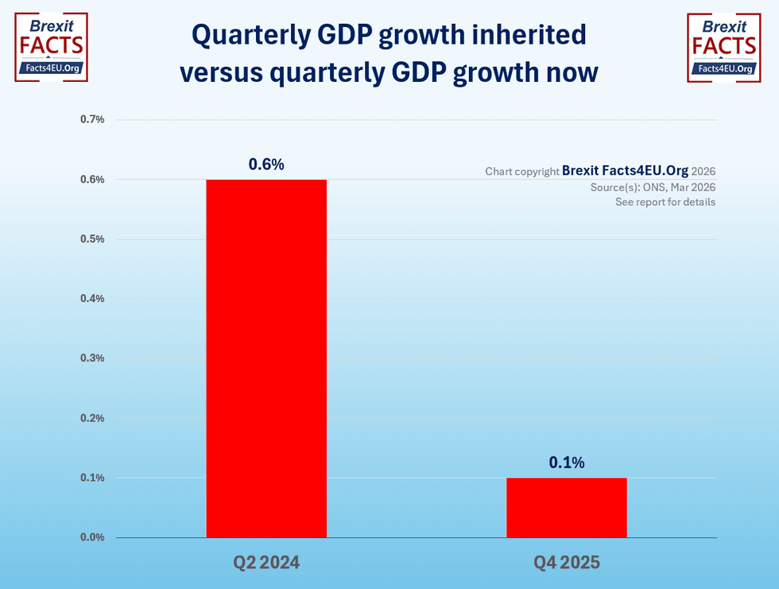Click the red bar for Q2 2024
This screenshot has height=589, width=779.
(266, 358)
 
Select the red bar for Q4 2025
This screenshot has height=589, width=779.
(567, 507)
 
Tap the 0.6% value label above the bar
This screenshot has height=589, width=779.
(266, 165)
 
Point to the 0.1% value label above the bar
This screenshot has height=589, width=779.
(567, 463)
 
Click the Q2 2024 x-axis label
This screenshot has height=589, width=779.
(266, 563)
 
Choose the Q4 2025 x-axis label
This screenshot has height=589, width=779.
(567, 563)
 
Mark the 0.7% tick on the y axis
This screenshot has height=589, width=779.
(92, 119)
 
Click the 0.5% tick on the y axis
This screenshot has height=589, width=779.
(92, 239)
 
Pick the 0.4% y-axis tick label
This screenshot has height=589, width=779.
(92, 299)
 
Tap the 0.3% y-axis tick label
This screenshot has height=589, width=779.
(92, 358)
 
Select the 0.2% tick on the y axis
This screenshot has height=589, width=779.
(92, 418)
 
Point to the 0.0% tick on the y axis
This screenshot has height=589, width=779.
(92, 537)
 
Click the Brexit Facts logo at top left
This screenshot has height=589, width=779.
(52, 47)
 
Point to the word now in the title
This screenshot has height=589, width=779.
(569, 72)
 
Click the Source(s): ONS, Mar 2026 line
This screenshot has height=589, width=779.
(653, 188)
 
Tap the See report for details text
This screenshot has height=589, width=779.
(665, 202)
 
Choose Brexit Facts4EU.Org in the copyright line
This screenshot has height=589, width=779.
(625, 170)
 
